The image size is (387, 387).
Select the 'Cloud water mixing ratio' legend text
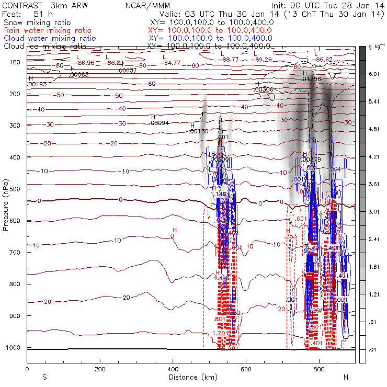coord(50,38)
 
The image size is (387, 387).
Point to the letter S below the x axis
coord(44,377)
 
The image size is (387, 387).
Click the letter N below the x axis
coord(346,377)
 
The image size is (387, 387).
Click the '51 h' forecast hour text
coord(40,15)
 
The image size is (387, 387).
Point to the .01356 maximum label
coord(312,79)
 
